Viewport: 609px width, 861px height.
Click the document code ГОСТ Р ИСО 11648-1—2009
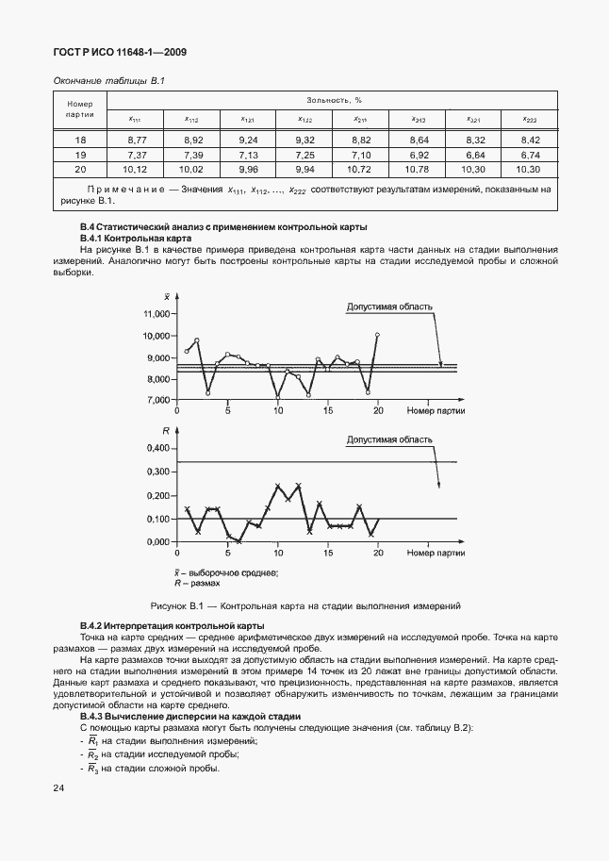[x=120, y=52]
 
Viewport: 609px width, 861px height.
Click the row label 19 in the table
[x=80, y=154]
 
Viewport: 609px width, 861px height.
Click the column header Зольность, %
[x=334, y=99]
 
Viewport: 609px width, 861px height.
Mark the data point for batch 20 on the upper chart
[x=377, y=335]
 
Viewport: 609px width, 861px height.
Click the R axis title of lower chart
[x=166, y=431]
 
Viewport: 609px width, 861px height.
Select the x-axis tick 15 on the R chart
[x=327, y=553]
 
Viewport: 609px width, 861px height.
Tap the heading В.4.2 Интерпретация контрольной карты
[x=173, y=626]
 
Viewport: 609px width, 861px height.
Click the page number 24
[x=59, y=786]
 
